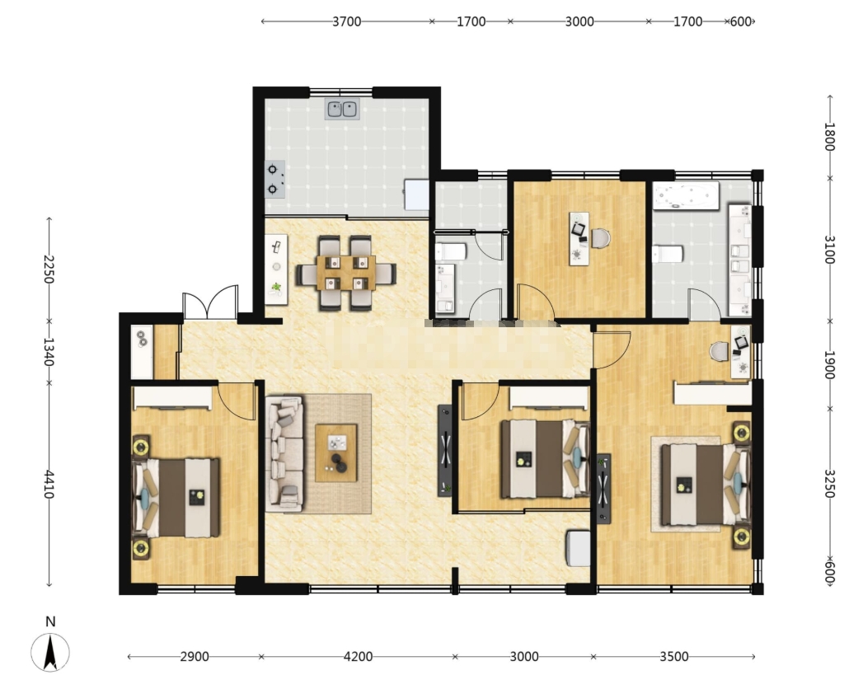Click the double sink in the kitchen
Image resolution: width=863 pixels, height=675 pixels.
coord(343,109)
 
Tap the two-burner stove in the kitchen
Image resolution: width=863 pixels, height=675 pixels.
coord(274,180)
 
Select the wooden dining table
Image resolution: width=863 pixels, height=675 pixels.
coord(345,273)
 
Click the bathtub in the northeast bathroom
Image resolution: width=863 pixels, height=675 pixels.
coord(686,195)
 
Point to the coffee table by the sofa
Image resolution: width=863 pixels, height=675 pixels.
coord(335,452)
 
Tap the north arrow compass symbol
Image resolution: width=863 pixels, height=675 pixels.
coord(50,653)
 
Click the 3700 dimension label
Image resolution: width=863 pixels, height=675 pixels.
coord(347,21)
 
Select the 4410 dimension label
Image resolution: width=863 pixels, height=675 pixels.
coord(49,484)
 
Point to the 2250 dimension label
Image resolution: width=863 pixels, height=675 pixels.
coord(49,270)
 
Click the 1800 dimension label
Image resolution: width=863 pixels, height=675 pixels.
coord(830,137)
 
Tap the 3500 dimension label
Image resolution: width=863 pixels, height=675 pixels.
coord(674,656)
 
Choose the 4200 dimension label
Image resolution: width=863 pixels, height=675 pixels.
coord(358,656)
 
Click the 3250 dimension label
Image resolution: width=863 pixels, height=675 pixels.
coord(830,484)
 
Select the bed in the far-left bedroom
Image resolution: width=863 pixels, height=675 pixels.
coord(176,497)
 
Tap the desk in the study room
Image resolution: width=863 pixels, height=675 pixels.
coord(579,238)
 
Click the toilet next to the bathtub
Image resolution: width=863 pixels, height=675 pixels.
coord(668,254)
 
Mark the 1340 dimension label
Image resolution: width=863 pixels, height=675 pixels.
coord(49,352)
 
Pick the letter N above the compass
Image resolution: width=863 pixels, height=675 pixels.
coord(50,621)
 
